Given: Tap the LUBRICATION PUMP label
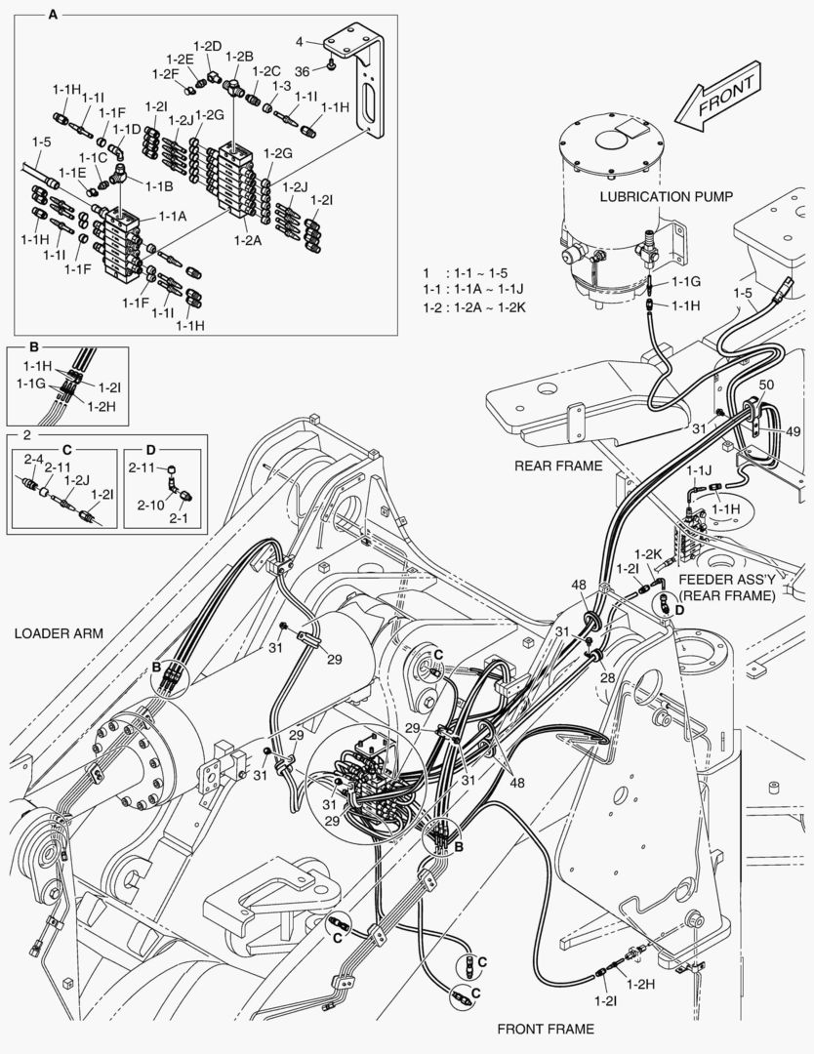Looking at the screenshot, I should (666, 196).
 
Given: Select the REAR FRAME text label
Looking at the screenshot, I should (557, 466).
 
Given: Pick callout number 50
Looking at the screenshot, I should (765, 385).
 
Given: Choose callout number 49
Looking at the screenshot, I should (793, 430).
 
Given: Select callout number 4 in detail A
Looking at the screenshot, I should (301, 41).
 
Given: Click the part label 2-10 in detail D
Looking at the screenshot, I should (150, 505).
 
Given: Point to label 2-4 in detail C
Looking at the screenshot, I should (33, 458).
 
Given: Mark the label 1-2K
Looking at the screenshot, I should (650, 554).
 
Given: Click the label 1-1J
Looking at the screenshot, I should (700, 470).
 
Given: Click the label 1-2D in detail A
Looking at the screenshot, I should (208, 46).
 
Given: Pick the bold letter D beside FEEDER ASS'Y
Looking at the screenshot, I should (679, 610).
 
